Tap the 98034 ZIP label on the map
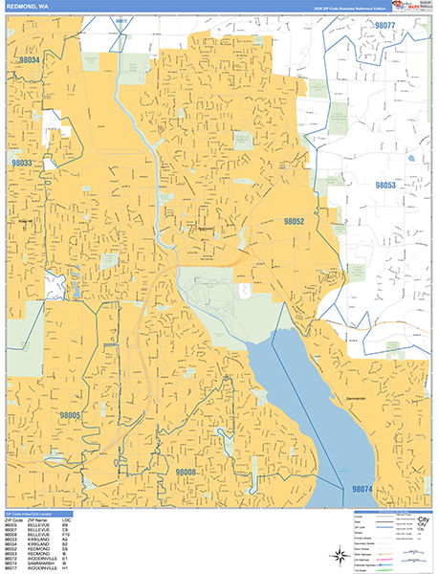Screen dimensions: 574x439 tap(28, 60)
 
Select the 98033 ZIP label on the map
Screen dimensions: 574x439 tap(21, 164)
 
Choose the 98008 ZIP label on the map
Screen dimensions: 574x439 tap(186, 472)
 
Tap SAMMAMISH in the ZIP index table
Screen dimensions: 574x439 tap(48, 563)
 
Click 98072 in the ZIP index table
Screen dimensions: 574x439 tap(11, 559)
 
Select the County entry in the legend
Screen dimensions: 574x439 tap(364, 518)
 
